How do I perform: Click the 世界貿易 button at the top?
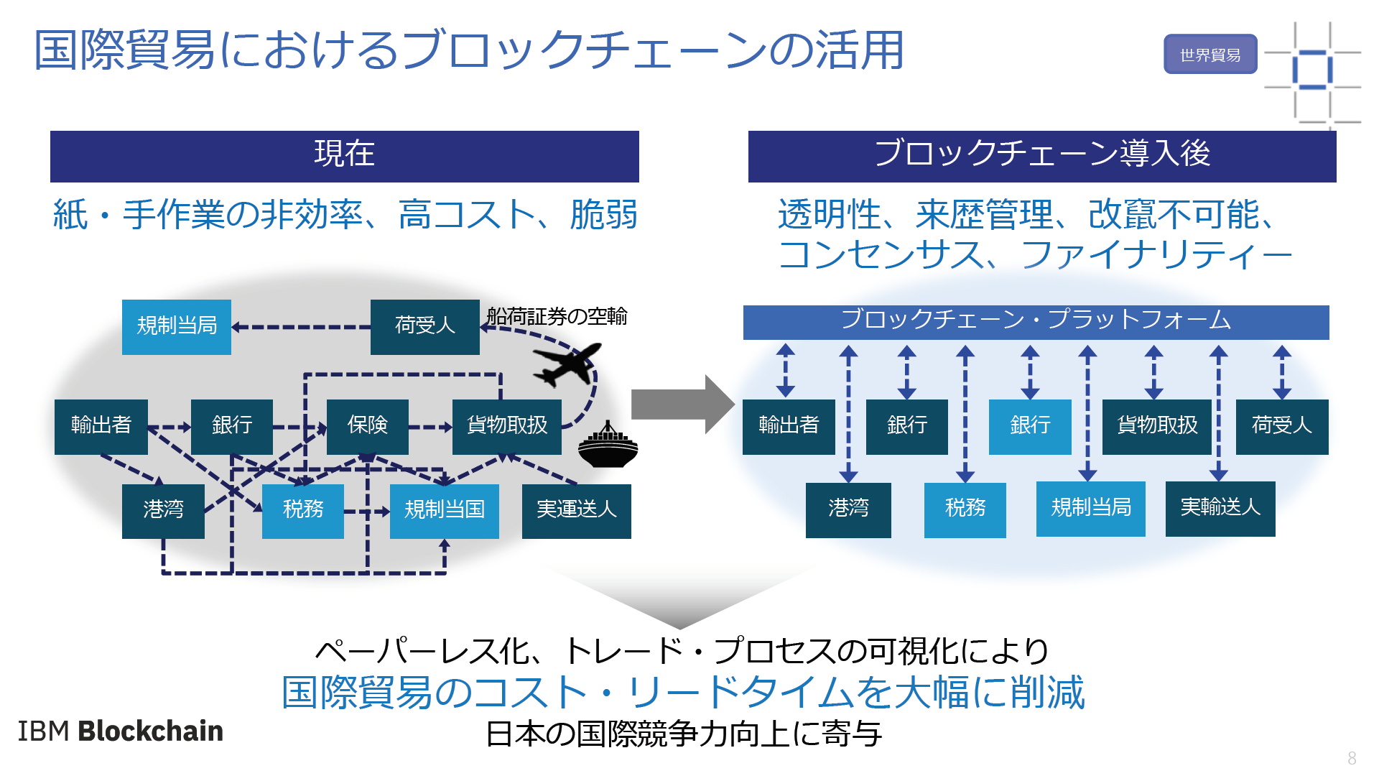tap(1210, 54)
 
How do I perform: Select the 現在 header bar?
tap(344, 156)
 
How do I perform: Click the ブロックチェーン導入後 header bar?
tap(1042, 156)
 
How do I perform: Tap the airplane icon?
tap(567, 364)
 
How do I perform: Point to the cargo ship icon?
tap(608, 445)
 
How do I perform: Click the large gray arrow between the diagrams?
tap(682, 404)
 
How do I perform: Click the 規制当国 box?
tap(445, 511)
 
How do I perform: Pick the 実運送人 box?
tap(577, 511)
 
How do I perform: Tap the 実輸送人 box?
tap(1220, 509)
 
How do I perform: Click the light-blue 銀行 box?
tap(1030, 427)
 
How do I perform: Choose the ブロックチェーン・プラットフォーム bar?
tap(1036, 322)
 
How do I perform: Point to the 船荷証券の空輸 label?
tap(557, 316)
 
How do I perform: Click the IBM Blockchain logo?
tap(120, 731)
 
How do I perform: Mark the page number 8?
tap(1352, 758)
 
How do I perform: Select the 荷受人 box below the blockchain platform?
tap(1282, 427)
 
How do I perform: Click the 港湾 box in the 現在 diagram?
tap(163, 511)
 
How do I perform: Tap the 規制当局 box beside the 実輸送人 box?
tap(1091, 509)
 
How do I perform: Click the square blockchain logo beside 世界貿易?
tap(1312, 72)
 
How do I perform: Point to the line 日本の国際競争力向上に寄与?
tap(684, 734)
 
